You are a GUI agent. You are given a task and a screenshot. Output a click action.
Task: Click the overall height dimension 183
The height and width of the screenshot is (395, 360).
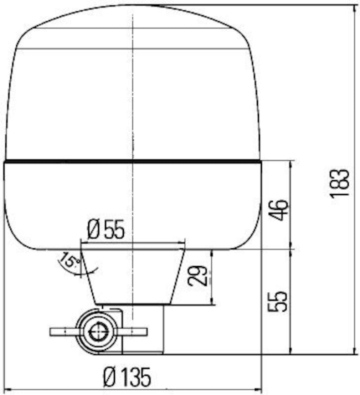(x=340, y=183)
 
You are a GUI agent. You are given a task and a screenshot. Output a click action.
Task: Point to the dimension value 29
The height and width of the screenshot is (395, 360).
(x=198, y=276)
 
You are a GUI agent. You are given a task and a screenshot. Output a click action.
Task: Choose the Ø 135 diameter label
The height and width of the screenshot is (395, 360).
(x=127, y=377)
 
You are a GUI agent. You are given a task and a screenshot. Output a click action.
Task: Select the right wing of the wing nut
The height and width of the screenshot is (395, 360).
(x=133, y=332)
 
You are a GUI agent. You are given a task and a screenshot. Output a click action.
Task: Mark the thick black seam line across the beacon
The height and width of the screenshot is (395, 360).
(x=133, y=160)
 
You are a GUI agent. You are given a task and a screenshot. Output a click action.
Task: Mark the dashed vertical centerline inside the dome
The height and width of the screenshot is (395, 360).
(x=133, y=90)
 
